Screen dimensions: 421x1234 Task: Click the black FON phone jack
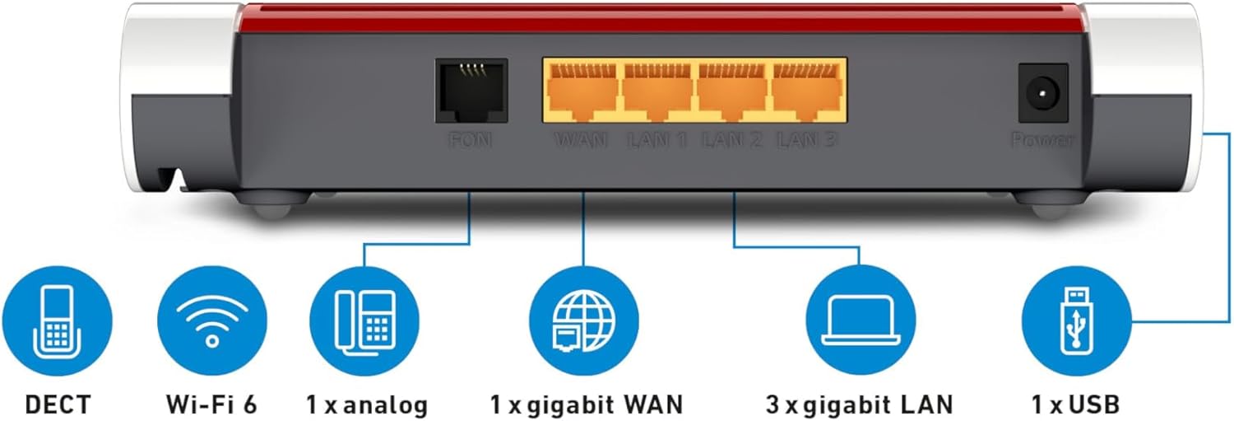[471, 90]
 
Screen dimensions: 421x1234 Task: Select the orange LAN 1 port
[657, 91]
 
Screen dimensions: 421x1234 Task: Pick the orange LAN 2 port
[732, 91]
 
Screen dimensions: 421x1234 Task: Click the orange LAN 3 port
[807, 91]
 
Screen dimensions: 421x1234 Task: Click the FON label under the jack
[471, 140]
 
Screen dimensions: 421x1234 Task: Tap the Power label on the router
[1042, 140]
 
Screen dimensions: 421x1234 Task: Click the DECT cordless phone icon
[57, 322]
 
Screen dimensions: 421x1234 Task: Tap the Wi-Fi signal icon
[212, 322]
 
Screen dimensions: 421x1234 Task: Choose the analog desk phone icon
[364, 322]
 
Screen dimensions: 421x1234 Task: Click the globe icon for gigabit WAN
[583, 322]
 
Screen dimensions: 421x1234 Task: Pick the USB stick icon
[1076, 322]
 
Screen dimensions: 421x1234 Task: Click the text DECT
[58, 405]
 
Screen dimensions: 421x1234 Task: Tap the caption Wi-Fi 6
[212, 405]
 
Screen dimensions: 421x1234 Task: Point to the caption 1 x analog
[367, 405]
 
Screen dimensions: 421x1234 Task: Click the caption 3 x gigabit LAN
[859, 405]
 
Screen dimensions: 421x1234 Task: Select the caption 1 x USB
[1075, 405]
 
